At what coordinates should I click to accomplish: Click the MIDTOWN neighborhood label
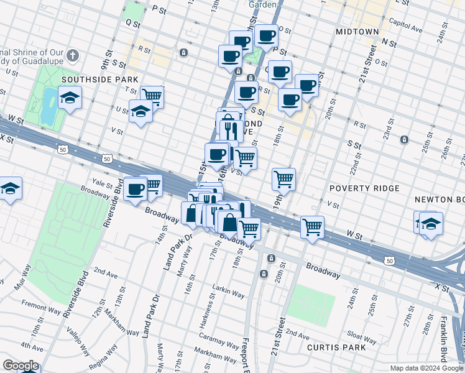[357, 31]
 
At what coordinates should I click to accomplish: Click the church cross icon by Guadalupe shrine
[73, 56]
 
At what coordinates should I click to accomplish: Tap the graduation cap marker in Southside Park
[70, 98]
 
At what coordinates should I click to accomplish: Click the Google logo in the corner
[20, 366]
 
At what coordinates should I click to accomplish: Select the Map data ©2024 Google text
[426, 368]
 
